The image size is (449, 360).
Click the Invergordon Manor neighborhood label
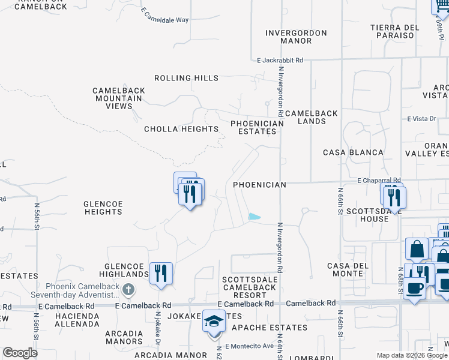pyautogui.click(x=296, y=37)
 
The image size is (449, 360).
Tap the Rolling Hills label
pyautogui.click(x=186, y=78)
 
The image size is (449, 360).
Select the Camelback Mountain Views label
pyautogui.click(x=119, y=98)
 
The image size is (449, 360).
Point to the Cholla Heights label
pyautogui.click(x=181, y=129)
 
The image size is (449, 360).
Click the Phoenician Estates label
pyautogui.click(x=257, y=128)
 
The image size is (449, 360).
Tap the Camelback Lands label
pyautogui.click(x=311, y=117)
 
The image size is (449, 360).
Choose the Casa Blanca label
pyautogui.click(x=353, y=152)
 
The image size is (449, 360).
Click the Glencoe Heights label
pyautogui.click(x=103, y=208)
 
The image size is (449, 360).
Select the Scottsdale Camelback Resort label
pyautogui.click(x=249, y=287)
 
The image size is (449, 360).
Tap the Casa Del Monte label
pyautogui.click(x=345, y=269)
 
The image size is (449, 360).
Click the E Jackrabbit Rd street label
pyautogui.click(x=280, y=61)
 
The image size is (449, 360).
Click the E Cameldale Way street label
pyautogui.click(x=165, y=16)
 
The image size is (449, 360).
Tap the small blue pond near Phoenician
pyautogui.click(x=255, y=217)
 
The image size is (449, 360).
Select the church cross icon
pyautogui.click(x=128, y=290)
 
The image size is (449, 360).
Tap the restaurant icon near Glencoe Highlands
pyautogui.click(x=161, y=273)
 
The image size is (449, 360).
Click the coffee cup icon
pyautogui.click(x=415, y=287)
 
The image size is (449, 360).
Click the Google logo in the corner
pyautogui.click(x=20, y=353)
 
